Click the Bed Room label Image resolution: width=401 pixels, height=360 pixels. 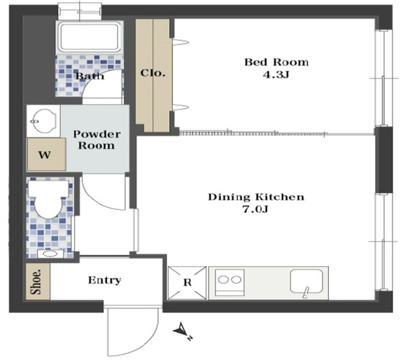pyautogui.click(x=276, y=62)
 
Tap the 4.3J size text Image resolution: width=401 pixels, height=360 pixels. pyautogui.click(x=276, y=75)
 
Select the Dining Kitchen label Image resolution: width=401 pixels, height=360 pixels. pyautogui.click(x=256, y=197)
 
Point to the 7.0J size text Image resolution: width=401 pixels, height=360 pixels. pyautogui.click(x=255, y=210)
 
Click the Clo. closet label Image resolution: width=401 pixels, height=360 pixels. pyautogui.click(x=153, y=73)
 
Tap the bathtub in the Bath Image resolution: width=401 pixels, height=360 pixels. pyautogui.click(x=90, y=37)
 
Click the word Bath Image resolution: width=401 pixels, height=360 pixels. pyautogui.click(x=90, y=76)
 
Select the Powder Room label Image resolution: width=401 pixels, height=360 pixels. pyautogui.click(x=96, y=140)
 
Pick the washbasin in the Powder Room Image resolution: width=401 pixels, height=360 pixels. pyautogui.click(x=43, y=121)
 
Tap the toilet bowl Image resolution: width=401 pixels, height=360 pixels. pyautogui.click(x=48, y=200)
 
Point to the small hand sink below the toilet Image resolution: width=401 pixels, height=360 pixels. pyautogui.click(x=50, y=254)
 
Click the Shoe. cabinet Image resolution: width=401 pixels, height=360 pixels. pyautogui.click(x=38, y=282)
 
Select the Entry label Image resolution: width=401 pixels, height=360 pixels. pyautogui.click(x=105, y=280)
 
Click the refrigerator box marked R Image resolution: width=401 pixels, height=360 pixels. pyautogui.click(x=187, y=283)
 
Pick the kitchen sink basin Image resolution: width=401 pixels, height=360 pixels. pyautogui.click(x=306, y=281)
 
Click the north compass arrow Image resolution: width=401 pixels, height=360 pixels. pyautogui.click(x=182, y=331)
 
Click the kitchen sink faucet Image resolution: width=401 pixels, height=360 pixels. pyautogui.click(x=305, y=292)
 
